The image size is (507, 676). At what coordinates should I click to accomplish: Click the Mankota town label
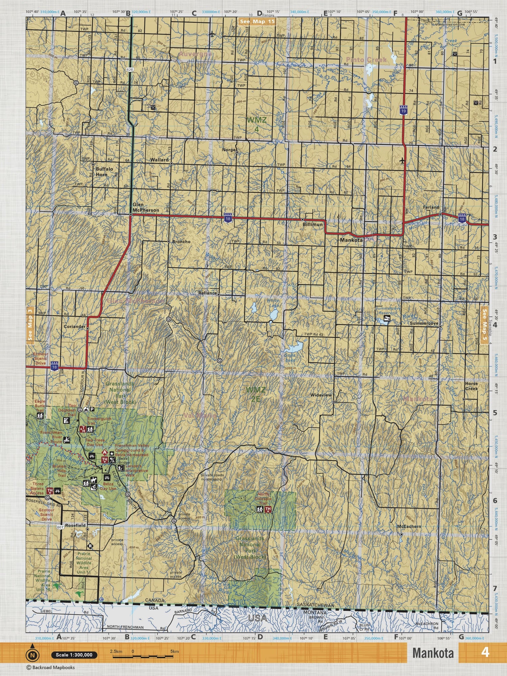[x=351, y=240]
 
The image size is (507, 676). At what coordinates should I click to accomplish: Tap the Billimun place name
[x=312, y=224]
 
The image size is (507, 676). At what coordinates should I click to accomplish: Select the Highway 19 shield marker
[x=403, y=111]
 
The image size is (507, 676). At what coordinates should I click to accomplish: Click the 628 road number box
[x=130, y=69]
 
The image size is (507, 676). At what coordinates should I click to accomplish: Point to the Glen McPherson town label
[x=145, y=208]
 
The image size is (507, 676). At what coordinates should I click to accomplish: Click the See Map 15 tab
[x=257, y=22]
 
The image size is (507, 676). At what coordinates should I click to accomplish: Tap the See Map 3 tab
[x=30, y=324]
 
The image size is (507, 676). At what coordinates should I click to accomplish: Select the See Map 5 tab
[x=484, y=324]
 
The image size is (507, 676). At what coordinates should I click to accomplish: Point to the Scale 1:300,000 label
[x=74, y=655]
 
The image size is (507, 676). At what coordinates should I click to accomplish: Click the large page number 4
[x=485, y=652]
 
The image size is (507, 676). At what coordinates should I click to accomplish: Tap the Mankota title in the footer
[x=433, y=653]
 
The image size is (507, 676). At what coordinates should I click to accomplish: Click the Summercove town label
[x=424, y=323]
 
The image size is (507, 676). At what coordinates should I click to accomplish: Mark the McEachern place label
[x=409, y=526]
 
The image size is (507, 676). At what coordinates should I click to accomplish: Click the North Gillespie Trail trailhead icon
[x=268, y=509]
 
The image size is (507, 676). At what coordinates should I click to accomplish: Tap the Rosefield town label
[x=75, y=526]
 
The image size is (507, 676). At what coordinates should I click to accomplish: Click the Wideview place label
[x=321, y=395]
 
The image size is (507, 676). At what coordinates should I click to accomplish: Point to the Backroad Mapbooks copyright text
[x=51, y=668]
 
